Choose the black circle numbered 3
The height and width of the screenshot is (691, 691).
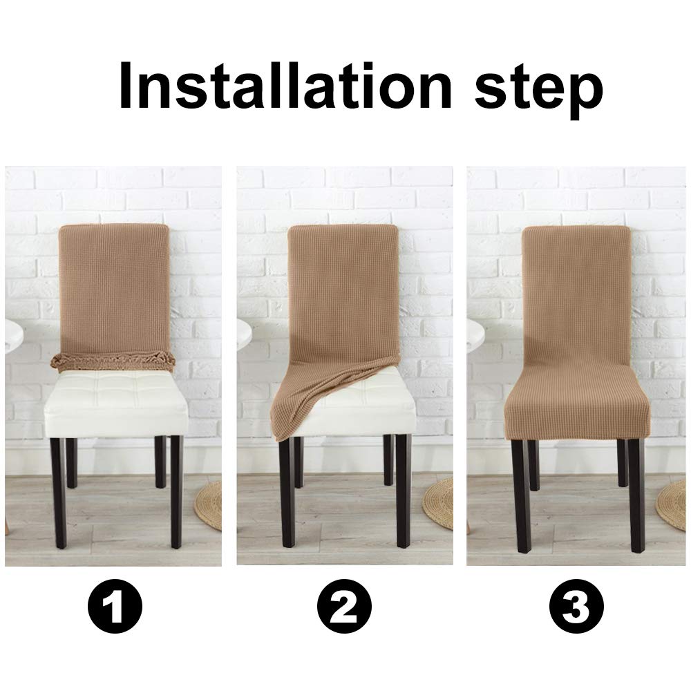[576, 608]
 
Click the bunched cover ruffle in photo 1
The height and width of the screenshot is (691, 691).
[113, 361]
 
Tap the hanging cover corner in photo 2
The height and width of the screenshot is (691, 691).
[290, 415]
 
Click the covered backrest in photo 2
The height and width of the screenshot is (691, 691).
[343, 290]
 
